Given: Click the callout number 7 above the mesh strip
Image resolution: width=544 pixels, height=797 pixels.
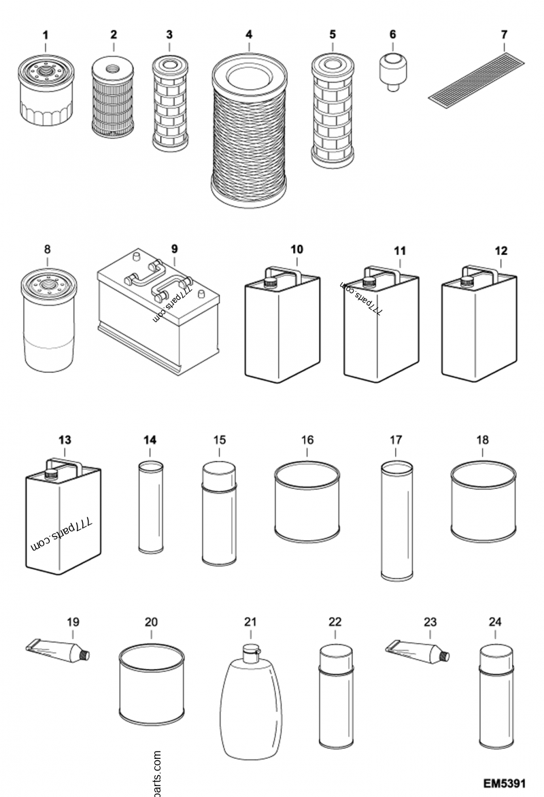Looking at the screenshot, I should (x=504, y=33).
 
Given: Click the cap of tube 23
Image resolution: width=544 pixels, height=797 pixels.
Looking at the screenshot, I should (x=444, y=656).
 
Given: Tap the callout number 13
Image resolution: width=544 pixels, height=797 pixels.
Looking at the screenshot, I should (x=64, y=440).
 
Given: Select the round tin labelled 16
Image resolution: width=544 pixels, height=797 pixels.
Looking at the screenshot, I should (x=307, y=502).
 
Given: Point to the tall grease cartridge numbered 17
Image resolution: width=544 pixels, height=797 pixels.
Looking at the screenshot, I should (x=396, y=521).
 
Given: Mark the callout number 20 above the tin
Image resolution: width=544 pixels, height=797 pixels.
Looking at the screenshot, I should (x=151, y=622).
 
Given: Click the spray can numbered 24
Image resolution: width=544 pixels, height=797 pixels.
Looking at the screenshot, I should (x=494, y=695).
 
